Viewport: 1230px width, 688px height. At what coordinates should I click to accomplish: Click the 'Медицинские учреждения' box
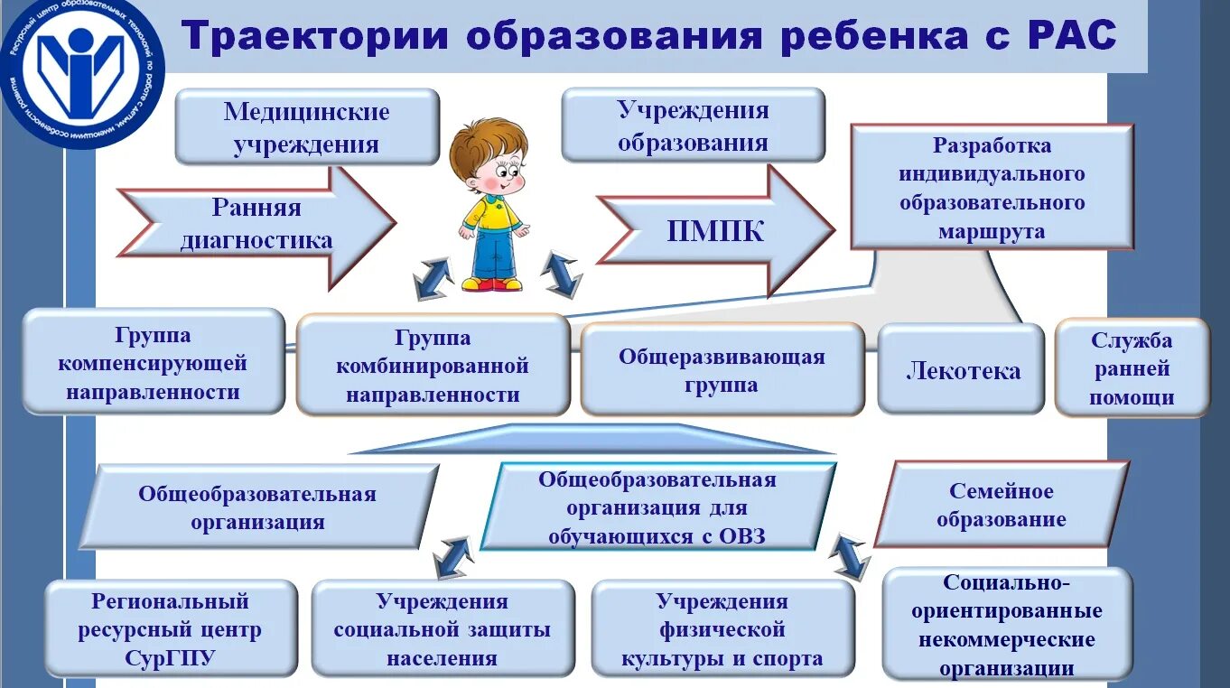click(306, 126)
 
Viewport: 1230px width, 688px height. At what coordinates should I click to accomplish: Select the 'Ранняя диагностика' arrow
click(256, 223)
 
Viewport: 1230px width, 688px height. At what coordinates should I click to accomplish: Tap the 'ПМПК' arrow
click(714, 231)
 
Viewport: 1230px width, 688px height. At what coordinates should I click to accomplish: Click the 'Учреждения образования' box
click(693, 126)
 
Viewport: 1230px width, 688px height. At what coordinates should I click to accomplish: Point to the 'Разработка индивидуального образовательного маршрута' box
click(992, 187)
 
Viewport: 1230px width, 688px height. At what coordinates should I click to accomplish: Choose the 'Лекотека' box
click(962, 369)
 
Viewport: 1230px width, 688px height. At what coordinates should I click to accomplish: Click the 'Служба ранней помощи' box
click(1131, 367)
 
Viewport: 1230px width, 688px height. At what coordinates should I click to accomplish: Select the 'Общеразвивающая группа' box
click(721, 369)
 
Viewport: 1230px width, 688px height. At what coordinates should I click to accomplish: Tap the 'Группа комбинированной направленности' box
click(433, 365)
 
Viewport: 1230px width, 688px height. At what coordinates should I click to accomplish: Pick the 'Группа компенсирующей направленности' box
click(153, 362)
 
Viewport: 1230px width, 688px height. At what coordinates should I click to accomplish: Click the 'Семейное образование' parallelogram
click(1001, 505)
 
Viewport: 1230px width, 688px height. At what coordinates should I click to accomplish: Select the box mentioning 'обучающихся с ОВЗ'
click(657, 507)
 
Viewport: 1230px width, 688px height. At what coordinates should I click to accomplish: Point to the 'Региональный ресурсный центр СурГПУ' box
click(170, 628)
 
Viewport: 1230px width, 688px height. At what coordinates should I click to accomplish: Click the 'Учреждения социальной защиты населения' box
click(442, 628)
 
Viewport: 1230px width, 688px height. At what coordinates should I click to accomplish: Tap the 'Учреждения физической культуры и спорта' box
click(722, 628)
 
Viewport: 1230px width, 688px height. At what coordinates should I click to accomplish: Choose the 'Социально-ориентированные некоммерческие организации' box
click(1006, 624)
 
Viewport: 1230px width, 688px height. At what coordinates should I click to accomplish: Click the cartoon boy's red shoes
click(492, 284)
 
